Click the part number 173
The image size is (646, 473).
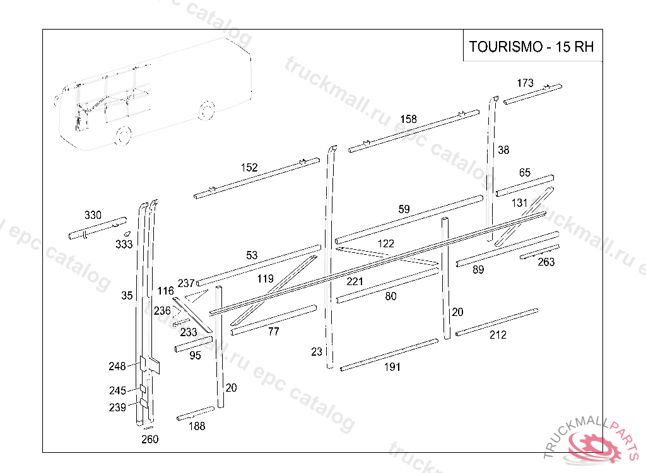click(525, 83)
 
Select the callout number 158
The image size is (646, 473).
click(408, 119)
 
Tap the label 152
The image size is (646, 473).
click(249, 168)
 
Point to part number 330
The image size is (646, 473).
click(93, 215)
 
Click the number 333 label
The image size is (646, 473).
click(124, 244)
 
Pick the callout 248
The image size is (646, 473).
click(117, 366)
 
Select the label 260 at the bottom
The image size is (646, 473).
click(150, 440)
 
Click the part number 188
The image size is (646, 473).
click(197, 426)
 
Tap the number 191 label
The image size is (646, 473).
click(392, 368)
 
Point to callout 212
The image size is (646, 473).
click(498, 335)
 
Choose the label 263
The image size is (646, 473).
click(546, 262)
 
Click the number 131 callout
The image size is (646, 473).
click(520, 203)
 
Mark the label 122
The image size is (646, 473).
click(386, 243)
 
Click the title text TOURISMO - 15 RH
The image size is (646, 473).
click(532, 47)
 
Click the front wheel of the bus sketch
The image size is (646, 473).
click(124, 134)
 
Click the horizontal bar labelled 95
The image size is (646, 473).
click(193, 344)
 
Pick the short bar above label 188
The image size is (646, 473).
click(196, 414)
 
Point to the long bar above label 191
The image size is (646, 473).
click(389, 354)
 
